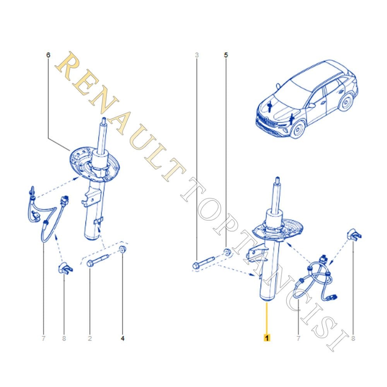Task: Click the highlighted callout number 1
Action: coord(267,337)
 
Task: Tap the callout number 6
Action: coord(48,55)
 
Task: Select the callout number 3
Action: coord(197,55)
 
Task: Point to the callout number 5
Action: coord(226,55)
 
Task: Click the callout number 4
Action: coord(123,338)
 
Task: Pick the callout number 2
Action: coord(90,338)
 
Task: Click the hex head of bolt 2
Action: coord(90,264)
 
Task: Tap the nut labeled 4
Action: coord(123,250)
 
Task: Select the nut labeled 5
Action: coord(227,252)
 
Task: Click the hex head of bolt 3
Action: coord(196,266)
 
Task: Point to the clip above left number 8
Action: coord(65,268)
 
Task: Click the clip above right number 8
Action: coord(354,235)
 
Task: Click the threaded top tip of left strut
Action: coord(104,120)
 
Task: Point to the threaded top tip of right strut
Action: coord(277,179)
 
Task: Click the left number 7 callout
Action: coord(44,338)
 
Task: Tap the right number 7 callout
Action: coord(298,338)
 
